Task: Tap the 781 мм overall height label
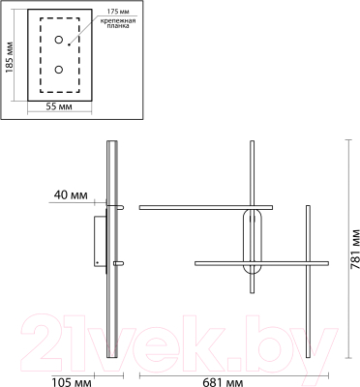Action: [x=354, y=249]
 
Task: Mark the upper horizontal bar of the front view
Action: [x=207, y=207]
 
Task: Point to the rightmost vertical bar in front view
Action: [x=310, y=280]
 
